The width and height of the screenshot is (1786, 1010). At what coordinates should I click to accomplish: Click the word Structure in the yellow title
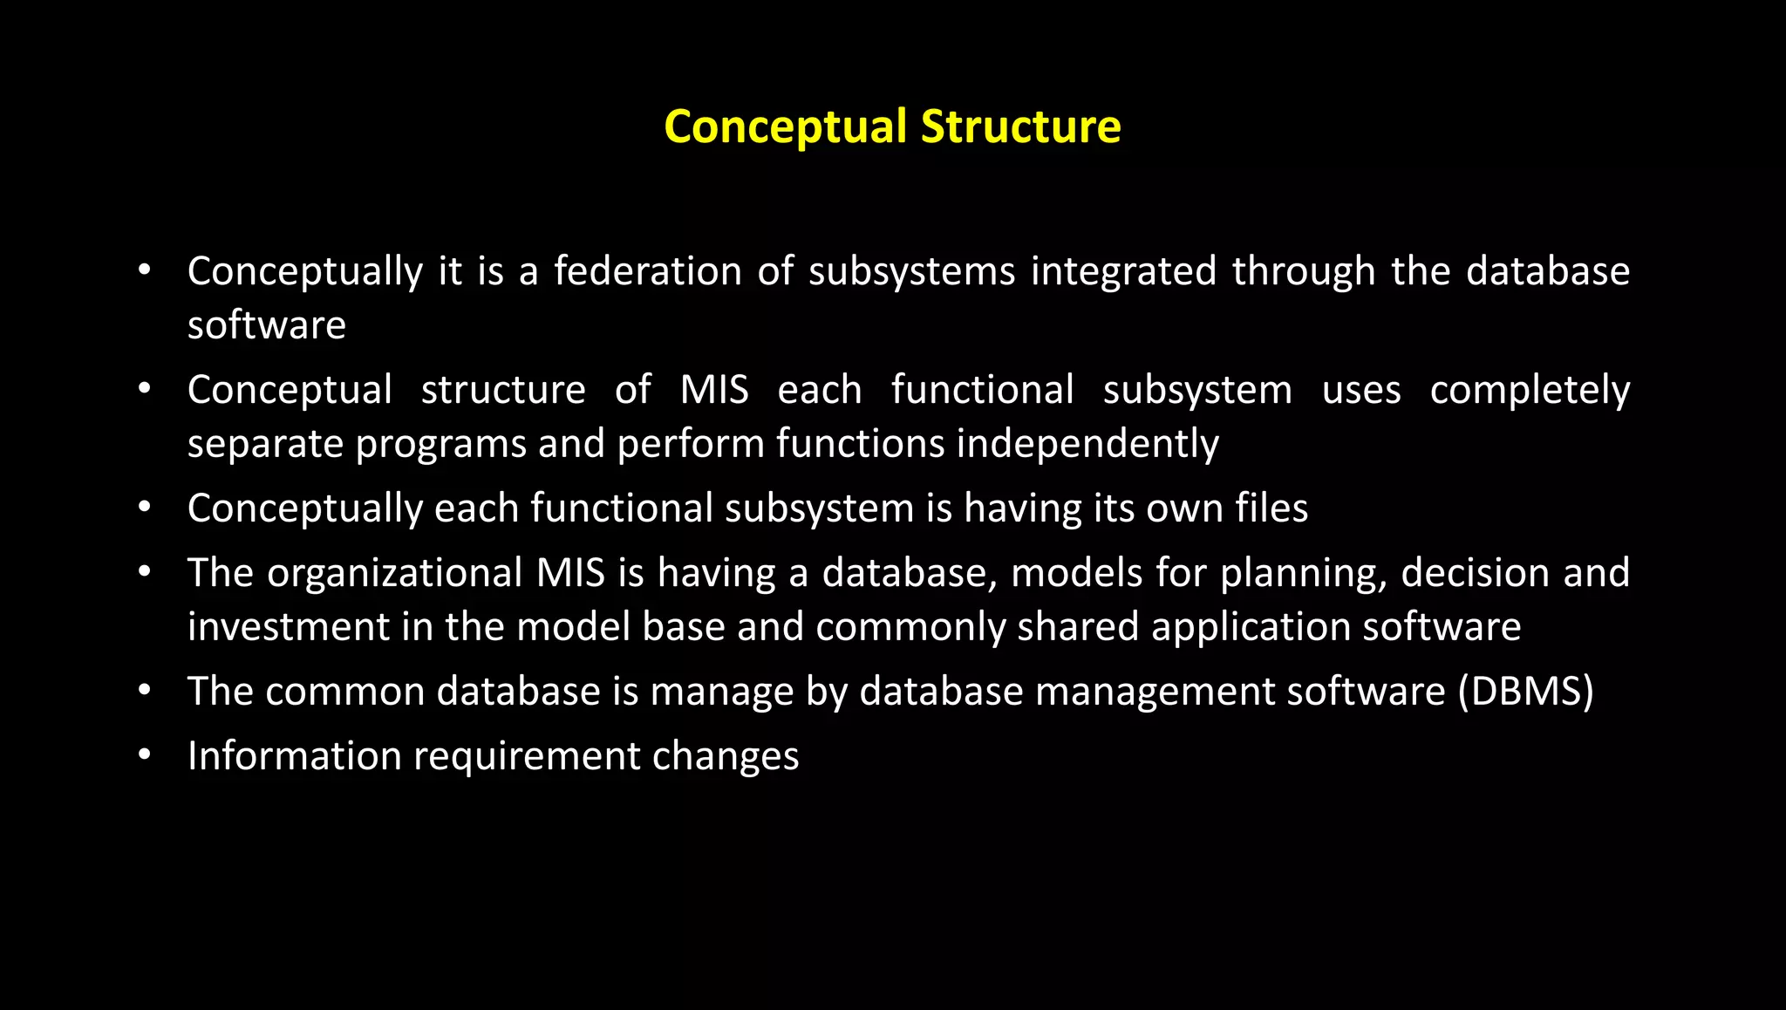pyautogui.click(x=1020, y=126)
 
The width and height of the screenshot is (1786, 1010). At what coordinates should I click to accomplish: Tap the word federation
pyautogui.click(x=647, y=271)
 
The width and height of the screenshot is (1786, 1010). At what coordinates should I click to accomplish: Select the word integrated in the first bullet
pyautogui.click(x=1123, y=271)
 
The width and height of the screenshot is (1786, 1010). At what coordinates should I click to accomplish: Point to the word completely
pyautogui.click(x=1530, y=390)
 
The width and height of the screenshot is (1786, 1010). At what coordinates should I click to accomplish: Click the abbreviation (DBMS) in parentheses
pyautogui.click(x=1525, y=692)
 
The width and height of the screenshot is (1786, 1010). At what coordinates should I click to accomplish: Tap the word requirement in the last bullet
pyautogui.click(x=527, y=756)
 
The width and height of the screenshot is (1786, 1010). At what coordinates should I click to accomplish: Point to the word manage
pyautogui.click(x=722, y=692)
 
